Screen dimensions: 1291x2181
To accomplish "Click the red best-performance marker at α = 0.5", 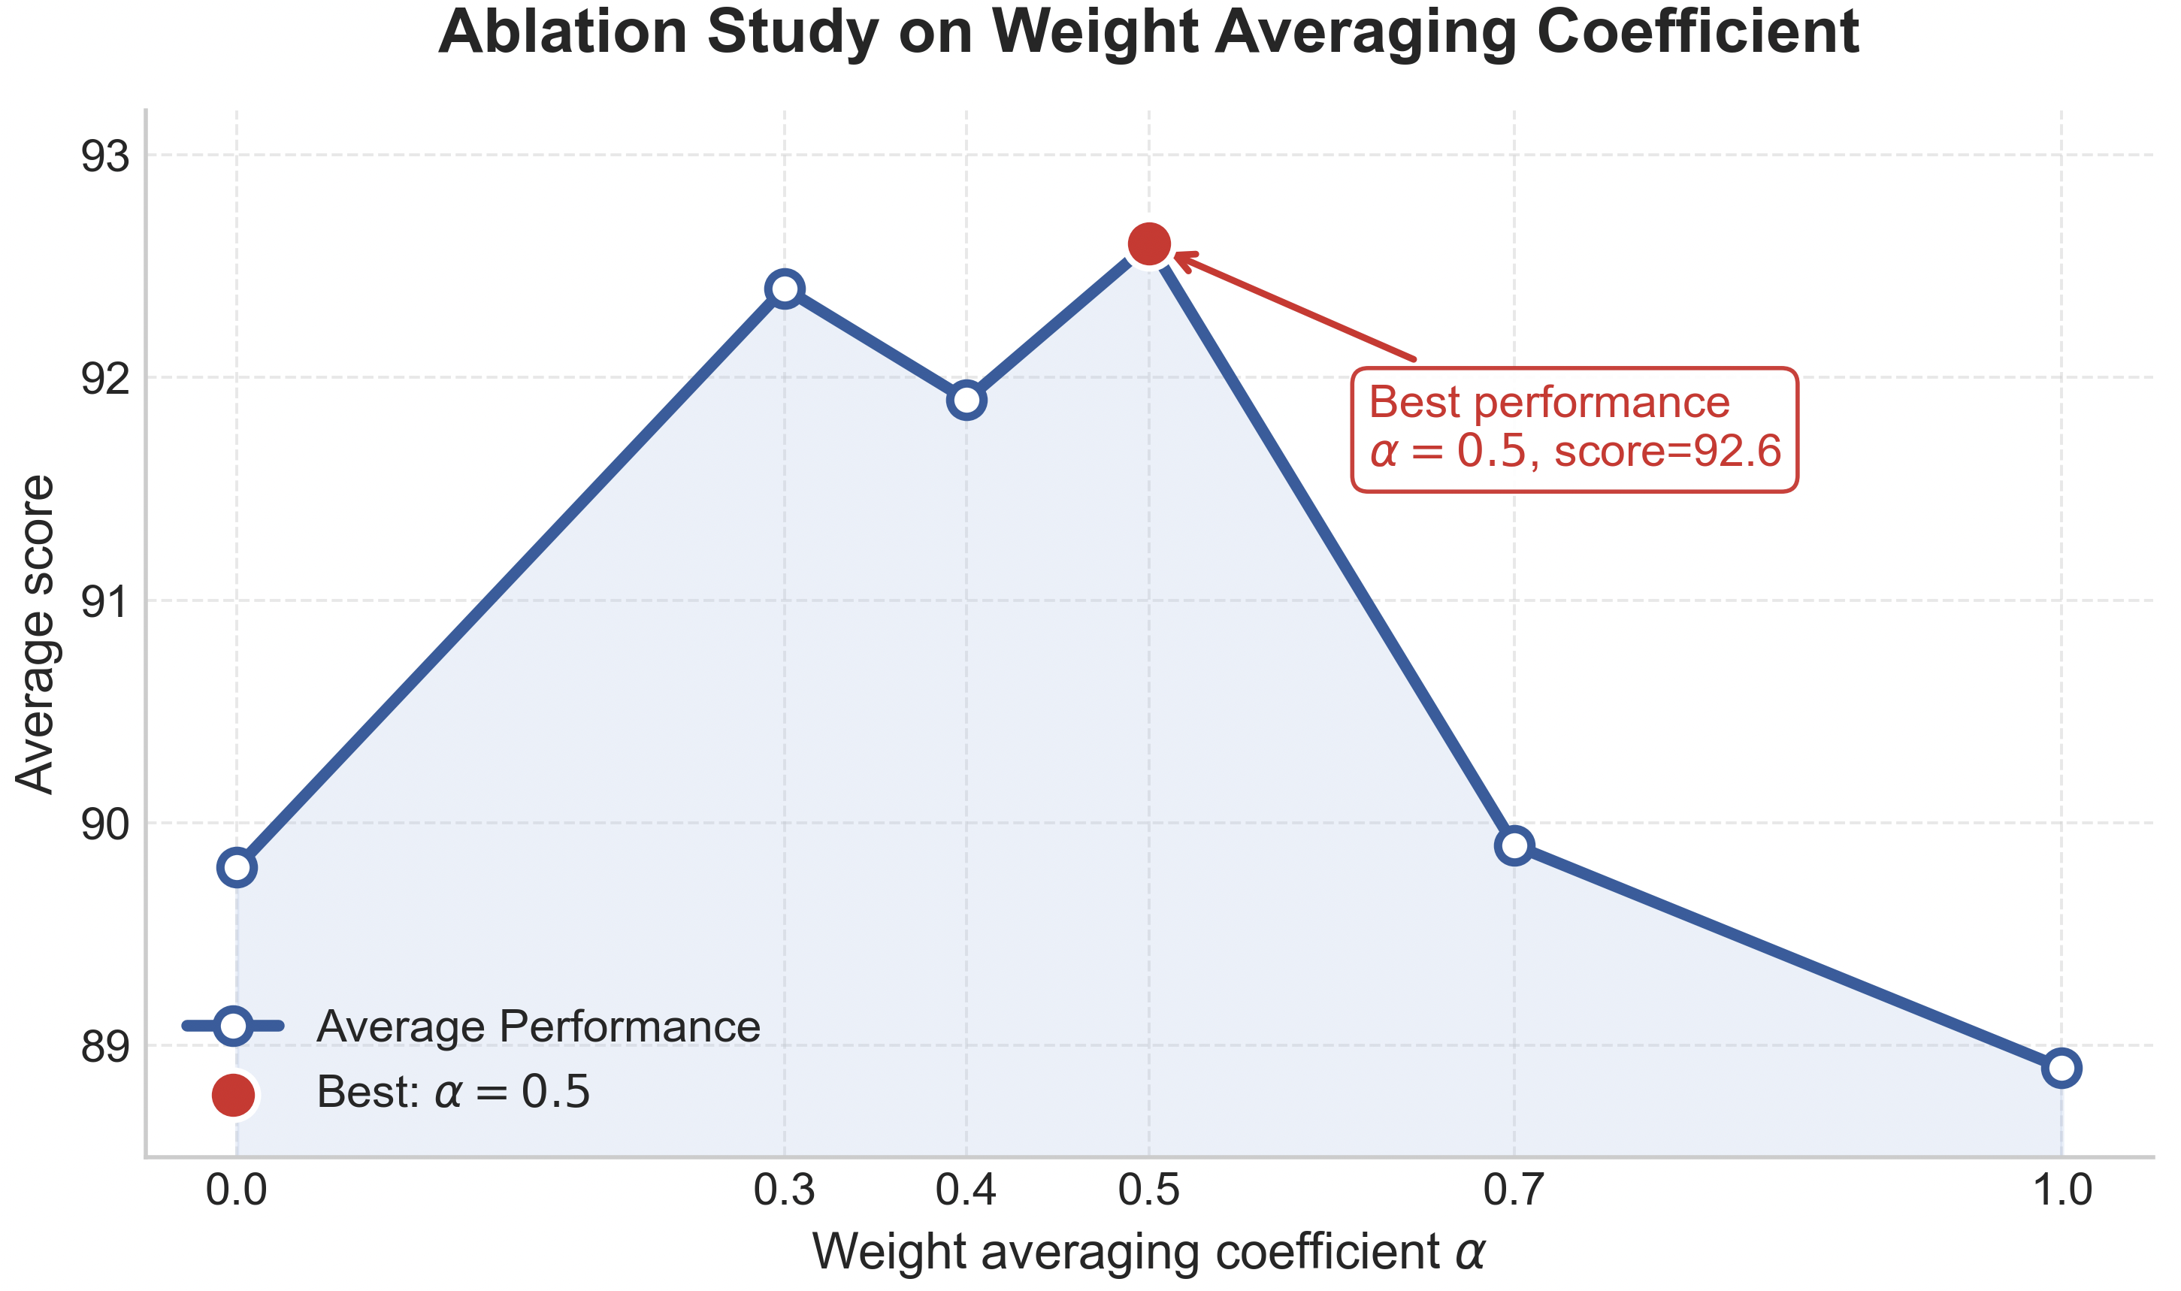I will click(x=1148, y=243).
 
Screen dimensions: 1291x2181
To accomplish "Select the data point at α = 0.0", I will click(x=237, y=867).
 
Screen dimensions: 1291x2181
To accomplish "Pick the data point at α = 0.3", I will click(x=785, y=289).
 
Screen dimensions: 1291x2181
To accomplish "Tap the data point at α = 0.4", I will click(x=966, y=401).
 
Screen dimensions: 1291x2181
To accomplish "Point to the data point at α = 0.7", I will click(x=1514, y=845).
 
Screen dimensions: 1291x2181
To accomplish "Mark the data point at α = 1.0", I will click(x=2061, y=1067).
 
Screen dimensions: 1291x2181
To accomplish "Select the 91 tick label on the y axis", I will click(x=104, y=602).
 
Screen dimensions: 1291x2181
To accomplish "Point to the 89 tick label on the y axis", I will click(x=104, y=1047).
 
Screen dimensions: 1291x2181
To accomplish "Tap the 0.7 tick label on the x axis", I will click(x=1514, y=1190).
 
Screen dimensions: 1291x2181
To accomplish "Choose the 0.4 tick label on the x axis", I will click(x=966, y=1190).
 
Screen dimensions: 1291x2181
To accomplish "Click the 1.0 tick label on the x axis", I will click(x=2061, y=1190).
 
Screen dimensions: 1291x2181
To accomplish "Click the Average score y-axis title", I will click(x=35, y=634).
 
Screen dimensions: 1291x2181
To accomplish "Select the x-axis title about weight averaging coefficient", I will click(x=1148, y=1253).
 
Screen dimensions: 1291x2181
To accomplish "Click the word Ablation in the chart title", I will click(x=563, y=32).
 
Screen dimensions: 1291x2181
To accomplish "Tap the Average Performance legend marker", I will click(x=233, y=1026).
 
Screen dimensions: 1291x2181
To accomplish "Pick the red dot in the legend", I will click(x=233, y=1094).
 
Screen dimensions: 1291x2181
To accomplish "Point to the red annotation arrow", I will click(x=1296, y=307).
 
